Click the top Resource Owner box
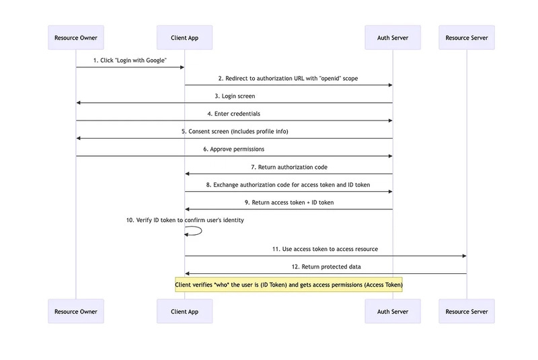click(76, 38)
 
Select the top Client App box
click(184, 38)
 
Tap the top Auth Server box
click(392, 38)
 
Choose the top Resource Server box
click(466, 38)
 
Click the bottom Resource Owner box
click(76, 312)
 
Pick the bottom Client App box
click(184, 312)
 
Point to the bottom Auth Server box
click(392, 312)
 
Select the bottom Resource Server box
click(466, 312)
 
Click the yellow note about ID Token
click(289, 285)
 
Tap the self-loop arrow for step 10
click(197, 231)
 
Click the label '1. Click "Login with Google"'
click(130, 61)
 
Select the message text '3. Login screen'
click(234, 96)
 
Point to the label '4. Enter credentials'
click(233, 114)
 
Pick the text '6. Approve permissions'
click(234, 149)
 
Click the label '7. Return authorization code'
click(289, 166)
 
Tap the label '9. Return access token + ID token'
click(289, 202)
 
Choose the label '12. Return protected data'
click(325, 267)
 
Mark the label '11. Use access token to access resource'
click(325, 249)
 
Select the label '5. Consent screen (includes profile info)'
click(234, 131)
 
